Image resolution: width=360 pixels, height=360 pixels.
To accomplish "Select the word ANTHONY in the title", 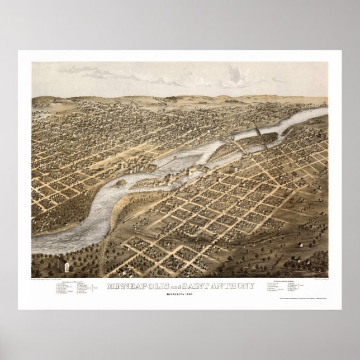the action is click(x=235, y=286).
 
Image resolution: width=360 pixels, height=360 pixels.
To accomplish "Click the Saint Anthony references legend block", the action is click(x=285, y=286).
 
